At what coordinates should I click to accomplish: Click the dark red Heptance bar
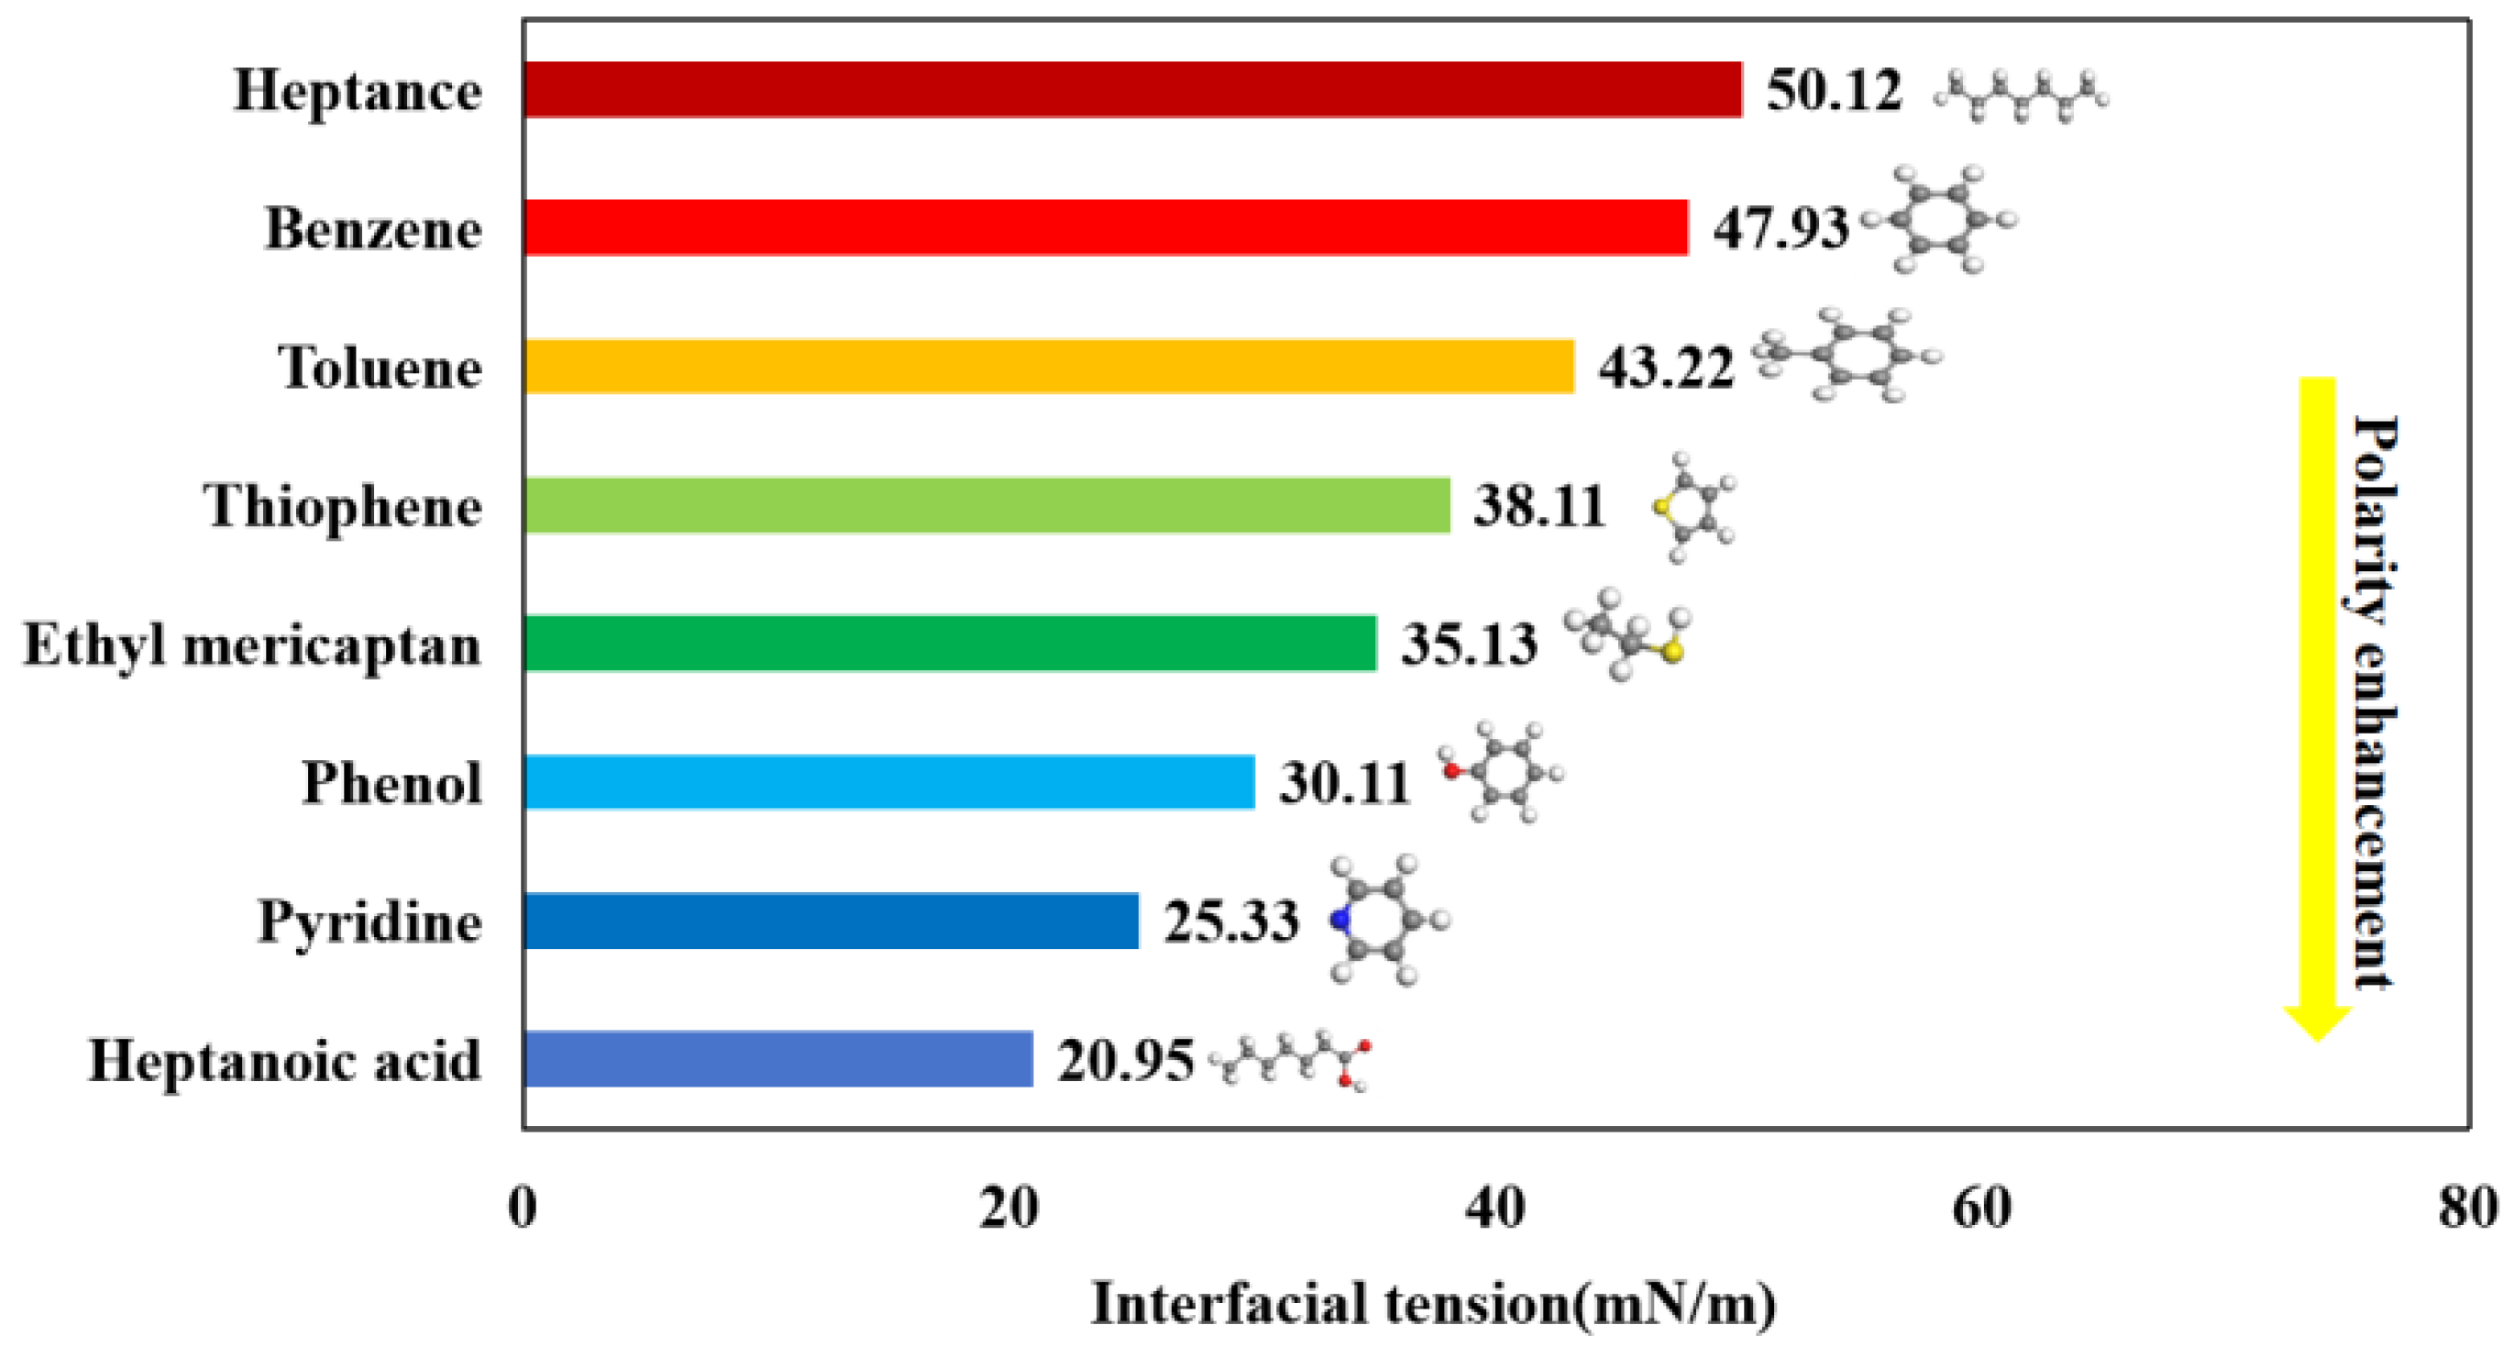point(1132,90)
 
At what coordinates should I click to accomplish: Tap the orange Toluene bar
point(1049,367)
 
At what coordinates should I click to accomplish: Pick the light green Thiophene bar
point(986,506)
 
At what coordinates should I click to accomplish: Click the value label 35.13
point(1469,645)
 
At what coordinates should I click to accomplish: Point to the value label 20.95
point(1124,1060)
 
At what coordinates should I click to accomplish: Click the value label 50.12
point(1834,91)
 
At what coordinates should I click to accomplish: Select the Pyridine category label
point(369,922)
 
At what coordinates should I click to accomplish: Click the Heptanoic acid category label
point(284,1060)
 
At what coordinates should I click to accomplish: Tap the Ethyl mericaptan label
point(252,646)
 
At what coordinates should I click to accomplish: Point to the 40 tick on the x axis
point(1494,1209)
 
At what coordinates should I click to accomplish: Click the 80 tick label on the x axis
point(2467,1209)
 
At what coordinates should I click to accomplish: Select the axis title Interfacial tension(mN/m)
point(1433,1304)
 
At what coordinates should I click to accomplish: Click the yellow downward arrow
point(2317,703)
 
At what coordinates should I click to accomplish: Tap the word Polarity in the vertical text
point(2374,517)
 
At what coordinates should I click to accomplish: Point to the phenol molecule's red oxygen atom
point(1452,771)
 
